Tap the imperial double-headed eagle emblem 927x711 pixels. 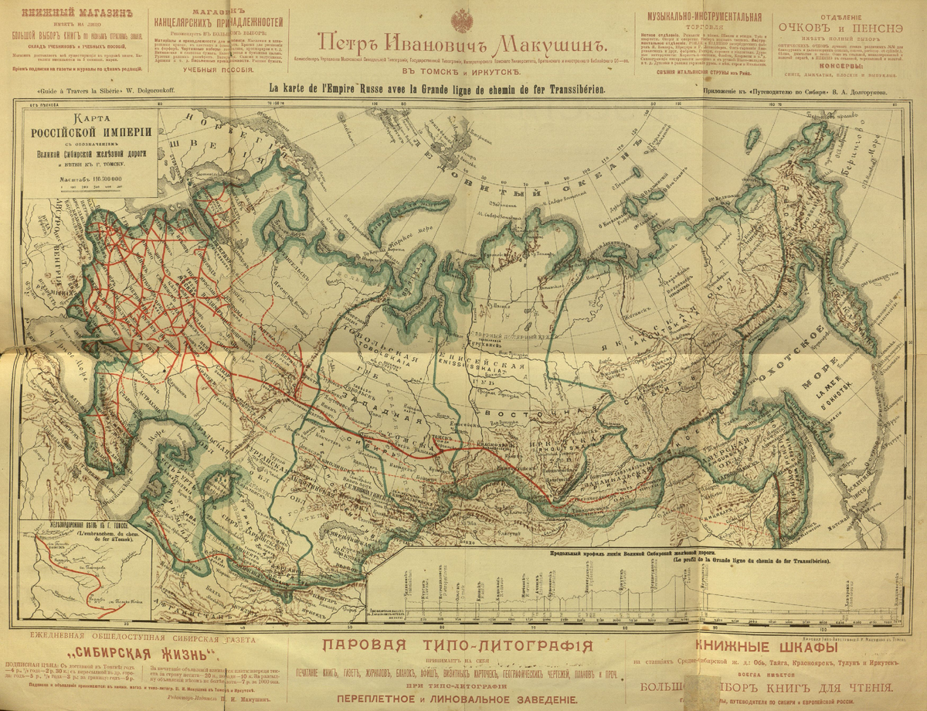pyautogui.click(x=463, y=16)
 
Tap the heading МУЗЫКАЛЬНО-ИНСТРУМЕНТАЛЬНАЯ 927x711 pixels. pyautogui.click(x=698, y=16)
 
